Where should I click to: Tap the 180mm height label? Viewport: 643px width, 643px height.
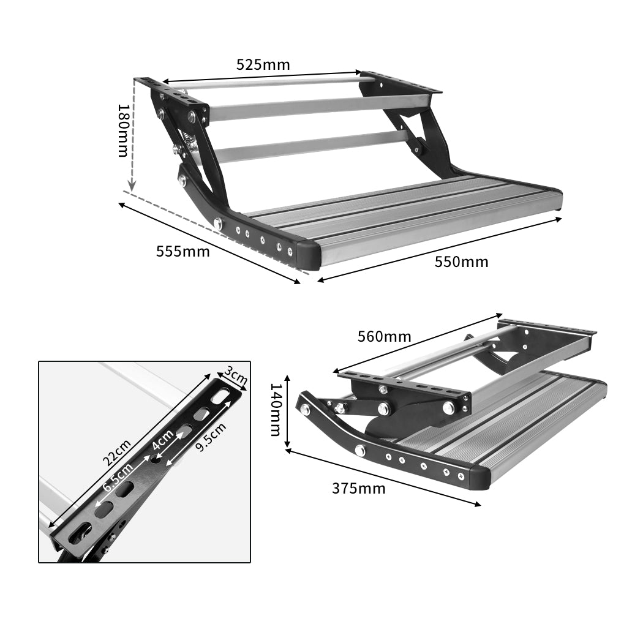click(x=124, y=130)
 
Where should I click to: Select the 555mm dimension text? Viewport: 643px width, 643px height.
click(x=182, y=251)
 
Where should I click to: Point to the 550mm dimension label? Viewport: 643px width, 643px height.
click(x=462, y=262)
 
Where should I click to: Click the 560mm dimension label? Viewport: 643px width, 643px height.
click(x=385, y=336)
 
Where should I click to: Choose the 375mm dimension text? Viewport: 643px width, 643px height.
click(x=359, y=488)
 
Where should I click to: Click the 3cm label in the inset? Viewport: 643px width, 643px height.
click(x=236, y=375)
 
